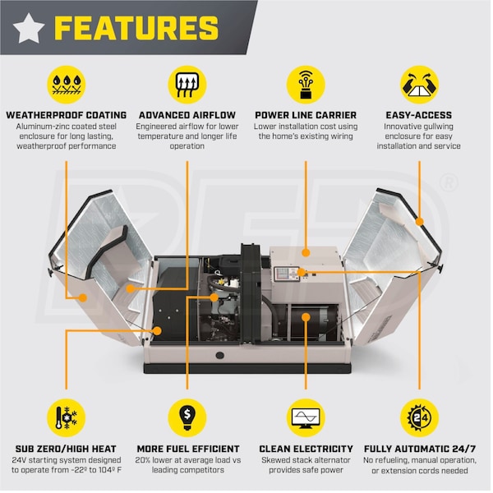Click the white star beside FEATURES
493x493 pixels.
[x=29, y=28]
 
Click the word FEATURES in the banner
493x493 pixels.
[x=136, y=28]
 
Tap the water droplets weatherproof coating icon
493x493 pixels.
[x=67, y=85]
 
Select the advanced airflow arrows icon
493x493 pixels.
[x=187, y=85]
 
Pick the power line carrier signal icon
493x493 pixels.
[x=306, y=85]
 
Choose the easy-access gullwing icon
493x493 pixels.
[x=419, y=85]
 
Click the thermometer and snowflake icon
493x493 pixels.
[x=67, y=418]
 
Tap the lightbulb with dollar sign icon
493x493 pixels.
[x=187, y=418]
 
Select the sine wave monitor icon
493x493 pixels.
[x=306, y=418]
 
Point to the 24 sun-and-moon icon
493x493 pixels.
[x=419, y=418]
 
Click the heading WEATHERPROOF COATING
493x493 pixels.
[x=67, y=115]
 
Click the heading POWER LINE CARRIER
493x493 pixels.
[x=306, y=115]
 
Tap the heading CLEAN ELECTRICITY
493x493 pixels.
[x=306, y=449]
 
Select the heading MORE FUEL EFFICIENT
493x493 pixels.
[x=188, y=449]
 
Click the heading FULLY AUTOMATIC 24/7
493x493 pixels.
[x=420, y=449]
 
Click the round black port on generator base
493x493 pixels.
[x=220, y=355]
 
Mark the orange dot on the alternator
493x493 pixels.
[x=306, y=317]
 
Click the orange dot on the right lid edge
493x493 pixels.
[x=419, y=222]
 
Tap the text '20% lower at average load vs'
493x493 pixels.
[x=188, y=460]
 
